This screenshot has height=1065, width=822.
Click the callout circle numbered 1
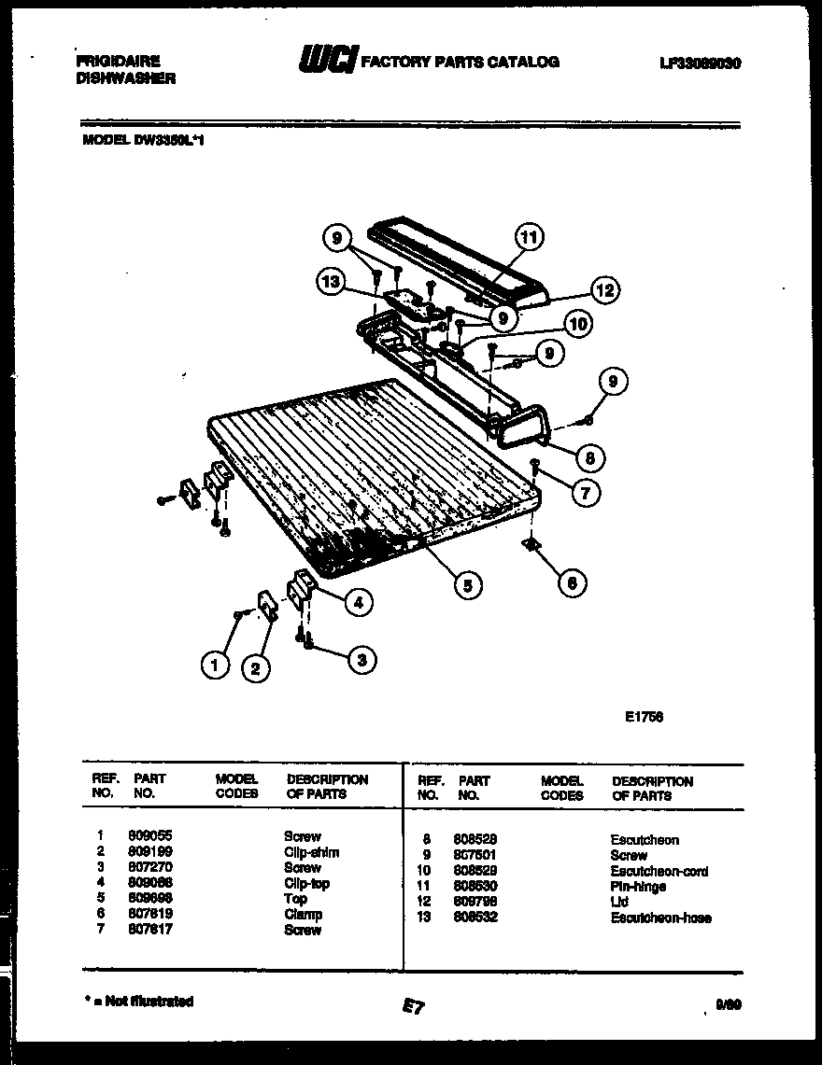(215, 665)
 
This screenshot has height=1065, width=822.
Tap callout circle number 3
(361, 660)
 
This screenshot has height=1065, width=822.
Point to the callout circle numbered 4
(356, 602)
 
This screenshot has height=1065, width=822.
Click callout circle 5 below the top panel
(468, 585)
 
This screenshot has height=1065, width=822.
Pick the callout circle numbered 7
(586, 492)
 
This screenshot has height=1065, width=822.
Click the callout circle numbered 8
(589, 457)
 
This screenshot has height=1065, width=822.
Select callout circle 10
(576, 324)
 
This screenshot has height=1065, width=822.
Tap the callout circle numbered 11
(530, 237)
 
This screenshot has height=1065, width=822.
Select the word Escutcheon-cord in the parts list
(659, 871)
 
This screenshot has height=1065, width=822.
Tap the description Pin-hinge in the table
(640, 887)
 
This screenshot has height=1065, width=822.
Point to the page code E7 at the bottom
(413, 1005)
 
